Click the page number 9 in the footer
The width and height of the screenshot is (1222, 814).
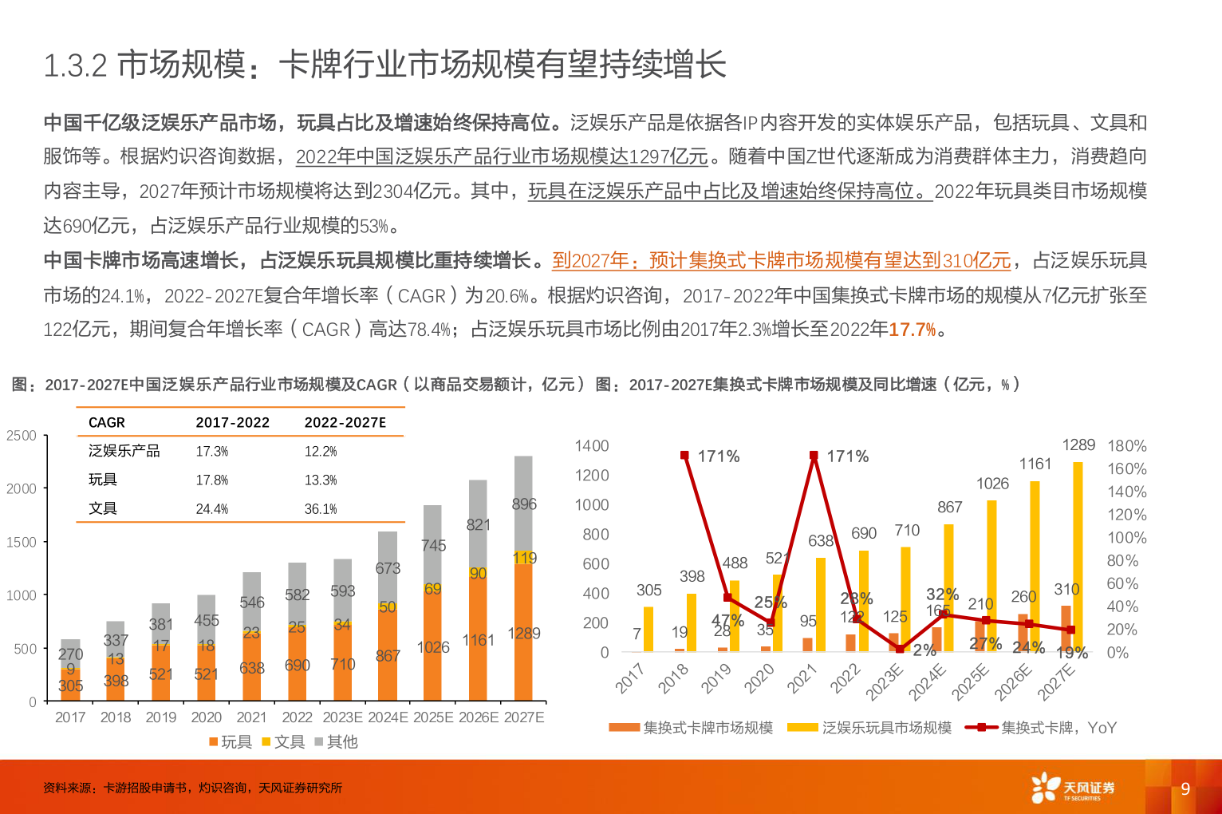1185,788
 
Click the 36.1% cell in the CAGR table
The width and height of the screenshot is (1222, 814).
321,509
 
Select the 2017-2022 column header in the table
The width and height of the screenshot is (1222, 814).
233,423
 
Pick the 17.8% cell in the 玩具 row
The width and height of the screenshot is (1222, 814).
212,480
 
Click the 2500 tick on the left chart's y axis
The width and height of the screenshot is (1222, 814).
22,436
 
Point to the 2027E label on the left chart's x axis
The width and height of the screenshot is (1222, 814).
524,717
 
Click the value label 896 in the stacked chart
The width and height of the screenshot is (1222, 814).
524,504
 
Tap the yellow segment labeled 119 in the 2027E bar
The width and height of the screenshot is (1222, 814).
524,558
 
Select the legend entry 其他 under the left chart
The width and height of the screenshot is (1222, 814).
336,742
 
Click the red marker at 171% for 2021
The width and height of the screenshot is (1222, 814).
814,456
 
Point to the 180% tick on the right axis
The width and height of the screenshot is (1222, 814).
1126,446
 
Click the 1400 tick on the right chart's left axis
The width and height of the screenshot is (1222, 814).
592,446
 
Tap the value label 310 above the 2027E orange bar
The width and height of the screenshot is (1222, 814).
1066,590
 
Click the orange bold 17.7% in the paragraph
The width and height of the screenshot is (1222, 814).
912,330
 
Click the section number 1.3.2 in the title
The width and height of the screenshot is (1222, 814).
75,65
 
